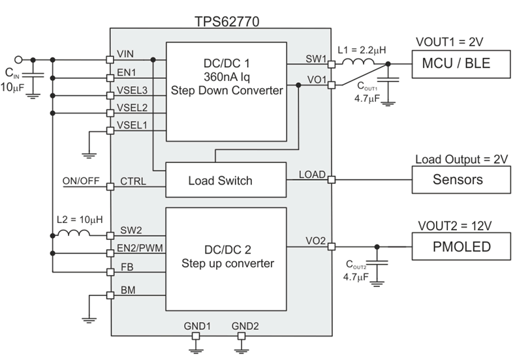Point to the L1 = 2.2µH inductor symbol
[358, 64]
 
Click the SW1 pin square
[331, 64]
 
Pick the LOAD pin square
[331, 179]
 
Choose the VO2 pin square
[331, 247]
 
